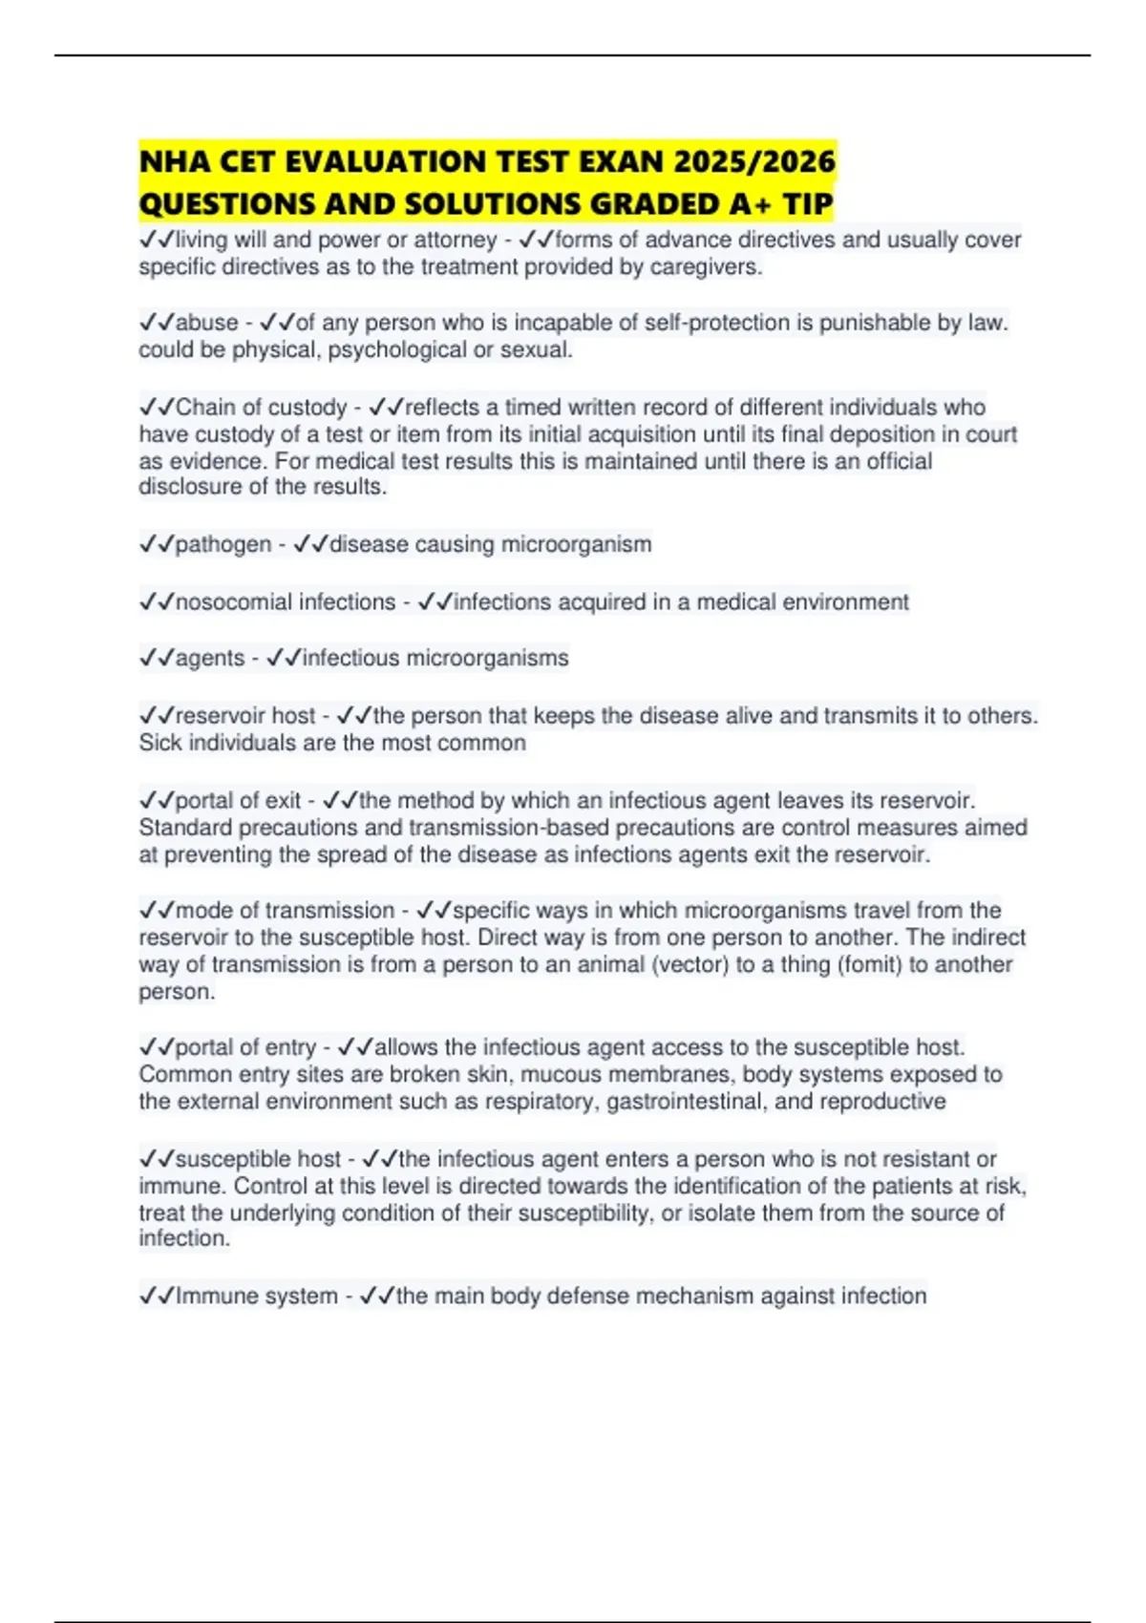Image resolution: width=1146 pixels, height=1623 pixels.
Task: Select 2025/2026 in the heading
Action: [754, 161]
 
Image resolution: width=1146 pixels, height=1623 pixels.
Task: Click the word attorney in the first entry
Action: [455, 240]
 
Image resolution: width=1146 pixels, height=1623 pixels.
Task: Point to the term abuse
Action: [206, 323]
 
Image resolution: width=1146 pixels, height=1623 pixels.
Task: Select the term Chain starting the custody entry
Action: [204, 408]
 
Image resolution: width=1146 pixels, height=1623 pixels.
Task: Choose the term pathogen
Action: [223, 544]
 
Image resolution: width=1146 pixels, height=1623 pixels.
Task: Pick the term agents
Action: [210, 659]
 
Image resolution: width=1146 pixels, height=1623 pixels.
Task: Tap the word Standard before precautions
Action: [185, 827]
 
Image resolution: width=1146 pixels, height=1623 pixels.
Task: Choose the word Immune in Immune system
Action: [210, 1296]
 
